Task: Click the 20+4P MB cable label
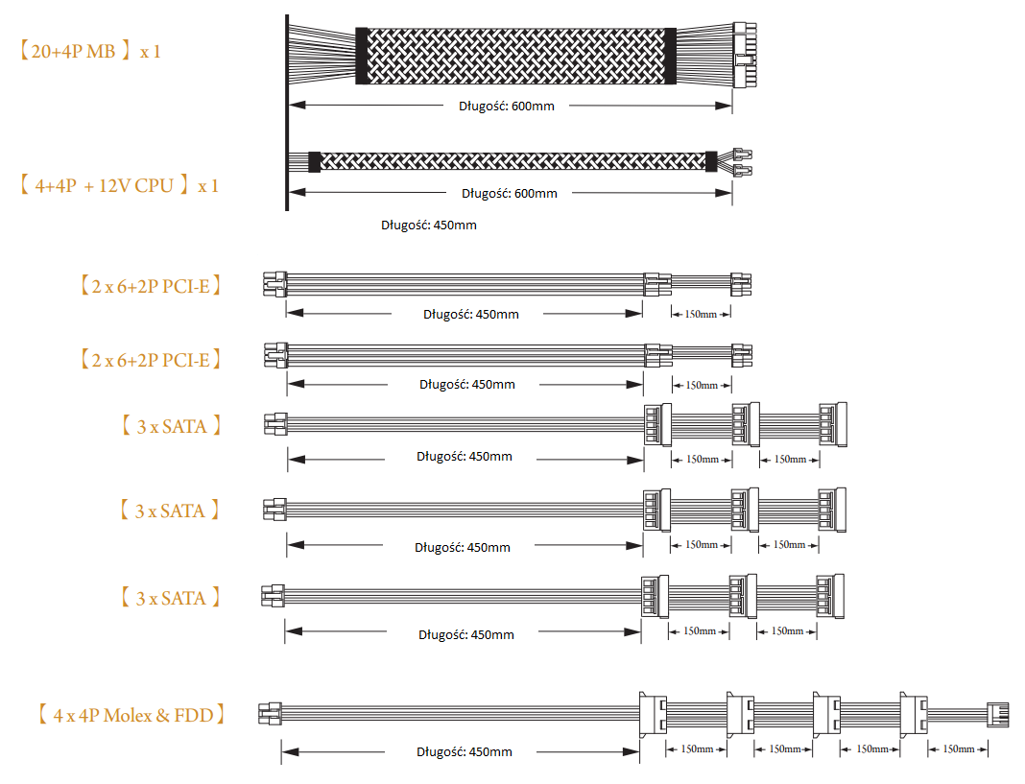coord(90,51)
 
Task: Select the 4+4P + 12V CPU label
coord(118,186)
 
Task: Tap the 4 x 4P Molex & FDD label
coord(131,715)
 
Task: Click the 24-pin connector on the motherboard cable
coord(744,55)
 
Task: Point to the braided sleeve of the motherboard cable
coord(515,56)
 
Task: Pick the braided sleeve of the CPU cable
coord(512,161)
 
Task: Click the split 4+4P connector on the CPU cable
coord(743,163)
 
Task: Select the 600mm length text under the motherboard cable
coord(507,106)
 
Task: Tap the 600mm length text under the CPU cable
coord(510,194)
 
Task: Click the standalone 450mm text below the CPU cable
coord(429,225)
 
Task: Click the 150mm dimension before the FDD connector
coord(959,749)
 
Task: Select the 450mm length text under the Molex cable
coord(465,752)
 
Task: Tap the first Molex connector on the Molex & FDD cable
coord(653,715)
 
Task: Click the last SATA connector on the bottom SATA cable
coord(830,596)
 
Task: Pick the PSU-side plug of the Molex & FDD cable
coord(270,713)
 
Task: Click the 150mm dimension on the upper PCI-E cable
coord(701,314)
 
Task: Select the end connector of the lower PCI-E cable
coord(742,356)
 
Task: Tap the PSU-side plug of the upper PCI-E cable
coord(275,284)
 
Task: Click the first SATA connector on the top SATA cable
coord(657,425)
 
